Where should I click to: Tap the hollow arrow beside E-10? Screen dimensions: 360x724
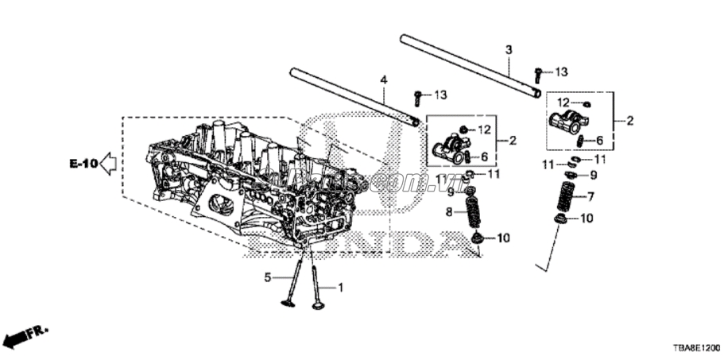click(108, 165)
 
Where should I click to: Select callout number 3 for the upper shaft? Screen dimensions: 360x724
click(509, 50)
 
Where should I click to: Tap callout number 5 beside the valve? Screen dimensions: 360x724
click(268, 277)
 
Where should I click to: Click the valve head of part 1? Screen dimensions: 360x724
click(319, 304)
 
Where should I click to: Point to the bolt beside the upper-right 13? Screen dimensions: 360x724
click(538, 75)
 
